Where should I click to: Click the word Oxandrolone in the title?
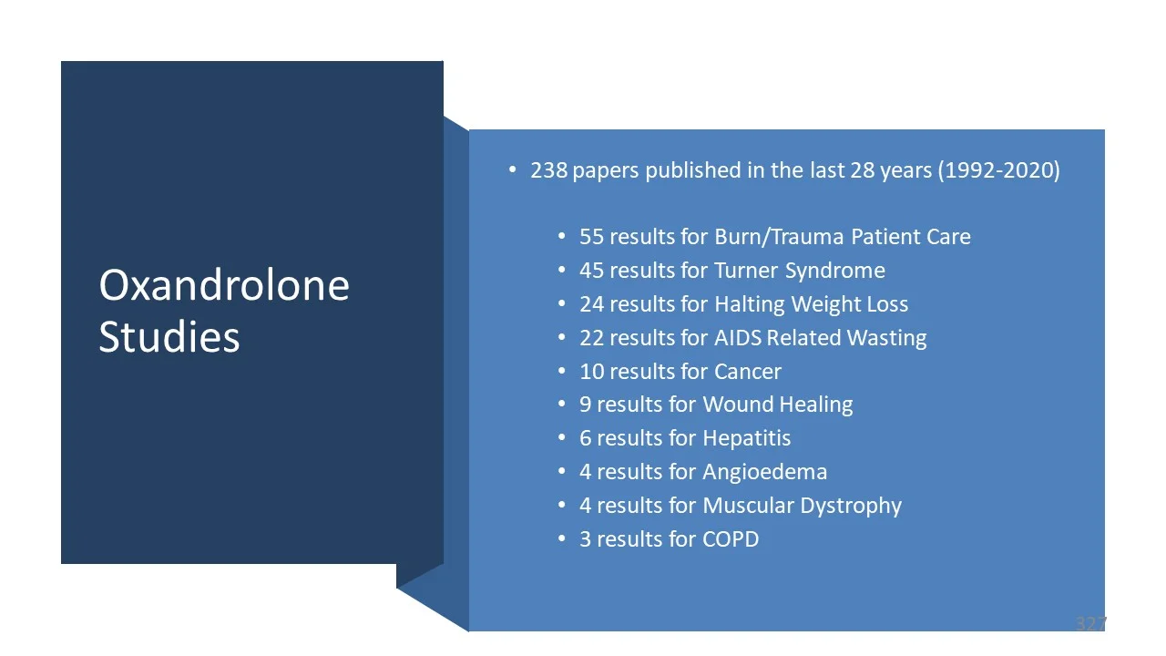click(x=224, y=285)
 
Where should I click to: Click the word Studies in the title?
click(x=169, y=336)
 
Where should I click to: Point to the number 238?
click(x=549, y=170)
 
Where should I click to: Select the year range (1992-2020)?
click(x=998, y=170)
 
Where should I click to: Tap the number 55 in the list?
click(x=591, y=237)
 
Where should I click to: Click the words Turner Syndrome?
click(x=799, y=271)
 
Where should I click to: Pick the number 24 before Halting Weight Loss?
click(x=591, y=304)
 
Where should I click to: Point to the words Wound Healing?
click(x=777, y=405)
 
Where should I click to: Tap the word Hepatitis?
click(x=746, y=438)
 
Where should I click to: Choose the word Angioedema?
click(x=764, y=472)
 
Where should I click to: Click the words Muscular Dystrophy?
click(x=802, y=506)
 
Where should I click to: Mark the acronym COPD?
click(x=730, y=539)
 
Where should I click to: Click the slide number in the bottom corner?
click(x=1089, y=624)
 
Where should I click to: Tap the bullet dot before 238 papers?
click(x=512, y=170)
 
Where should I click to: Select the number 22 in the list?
click(x=591, y=338)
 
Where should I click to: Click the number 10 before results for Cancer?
click(x=591, y=372)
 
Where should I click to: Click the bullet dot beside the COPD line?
click(x=561, y=539)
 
